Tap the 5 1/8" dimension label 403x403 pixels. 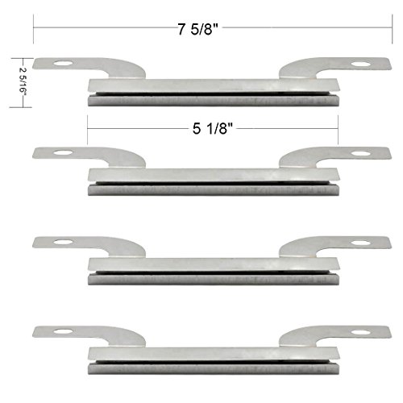(x=212, y=126)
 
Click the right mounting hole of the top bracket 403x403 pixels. (x=357, y=65)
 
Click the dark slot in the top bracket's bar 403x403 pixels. (x=212, y=94)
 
